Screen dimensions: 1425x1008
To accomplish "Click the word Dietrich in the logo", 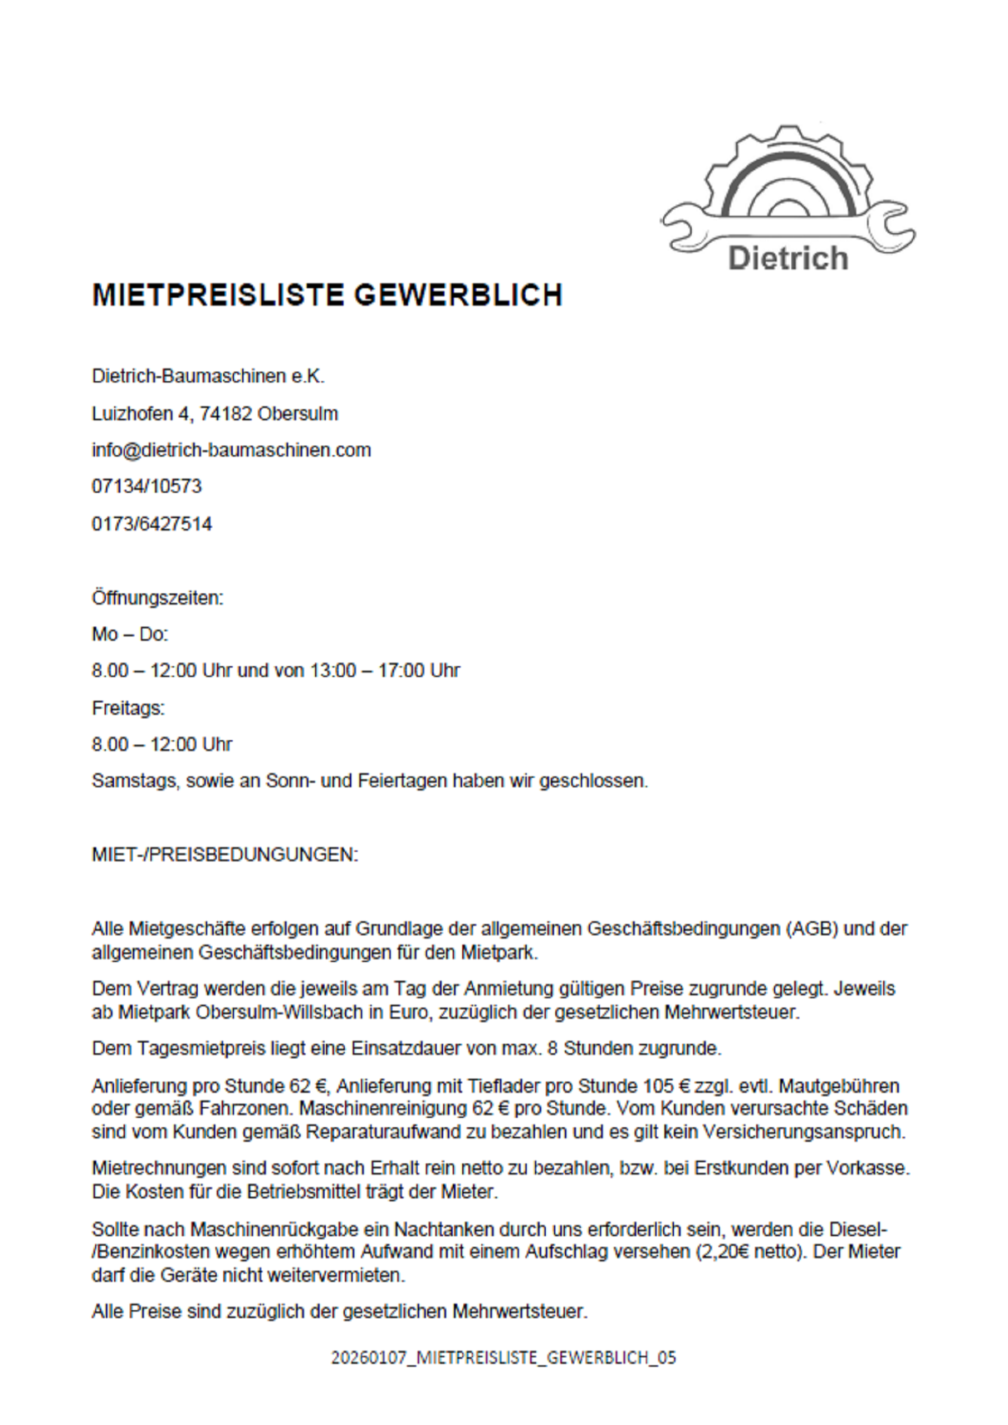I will click(x=787, y=258).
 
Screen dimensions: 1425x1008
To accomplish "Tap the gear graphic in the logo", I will click(x=787, y=174).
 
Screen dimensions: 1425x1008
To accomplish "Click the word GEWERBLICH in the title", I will click(x=458, y=295).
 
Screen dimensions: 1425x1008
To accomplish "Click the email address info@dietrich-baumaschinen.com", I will click(x=231, y=450).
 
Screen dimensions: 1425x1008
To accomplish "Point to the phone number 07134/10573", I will click(x=146, y=486).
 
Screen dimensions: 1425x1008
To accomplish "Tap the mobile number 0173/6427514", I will click(x=151, y=524).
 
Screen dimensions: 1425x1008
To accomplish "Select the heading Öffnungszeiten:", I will click(x=157, y=598).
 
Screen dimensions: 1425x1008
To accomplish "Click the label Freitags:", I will click(x=128, y=707).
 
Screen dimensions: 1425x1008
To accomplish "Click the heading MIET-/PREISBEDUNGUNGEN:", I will click(x=225, y=854).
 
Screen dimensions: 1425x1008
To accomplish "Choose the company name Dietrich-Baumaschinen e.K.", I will click(x=208, y=376).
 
